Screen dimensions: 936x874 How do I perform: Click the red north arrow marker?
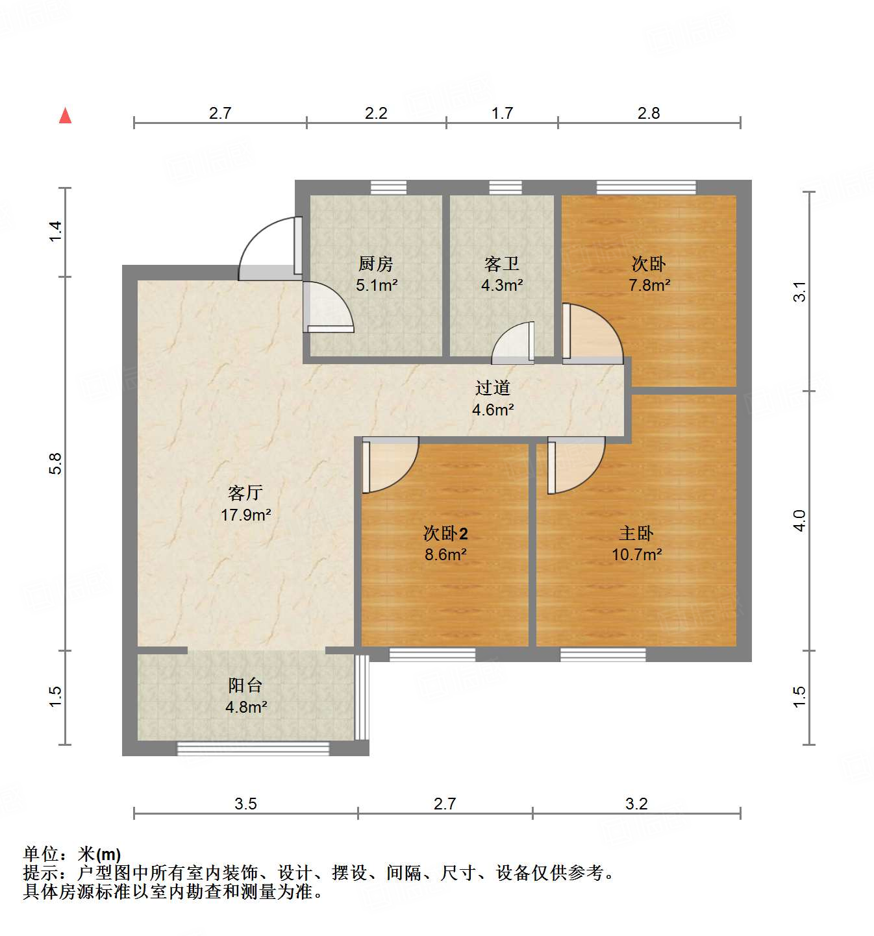point(65,116)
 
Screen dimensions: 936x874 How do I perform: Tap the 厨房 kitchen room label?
point(376,264)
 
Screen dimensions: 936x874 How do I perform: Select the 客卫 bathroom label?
point(501,264)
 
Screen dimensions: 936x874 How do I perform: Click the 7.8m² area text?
point(649,285)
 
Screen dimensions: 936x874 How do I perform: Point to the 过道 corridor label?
point(493,388)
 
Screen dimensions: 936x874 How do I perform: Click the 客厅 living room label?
point(245,493)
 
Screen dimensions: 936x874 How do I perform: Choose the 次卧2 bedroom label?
point(445,534)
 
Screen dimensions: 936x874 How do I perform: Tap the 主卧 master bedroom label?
point(636,534)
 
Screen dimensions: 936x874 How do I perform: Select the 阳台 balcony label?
point(245,685)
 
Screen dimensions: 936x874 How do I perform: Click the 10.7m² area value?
point(636,555)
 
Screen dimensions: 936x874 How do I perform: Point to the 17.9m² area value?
point(245,515)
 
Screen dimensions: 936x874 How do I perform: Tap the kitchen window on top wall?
point(388,187)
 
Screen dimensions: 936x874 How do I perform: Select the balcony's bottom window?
point(253,749)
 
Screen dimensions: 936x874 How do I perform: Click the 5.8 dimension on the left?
point(56,463)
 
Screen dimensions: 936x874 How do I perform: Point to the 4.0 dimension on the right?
point(800,521)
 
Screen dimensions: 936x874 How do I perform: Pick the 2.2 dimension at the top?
point(376,114)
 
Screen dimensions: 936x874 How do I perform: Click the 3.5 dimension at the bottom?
point(245,804)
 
